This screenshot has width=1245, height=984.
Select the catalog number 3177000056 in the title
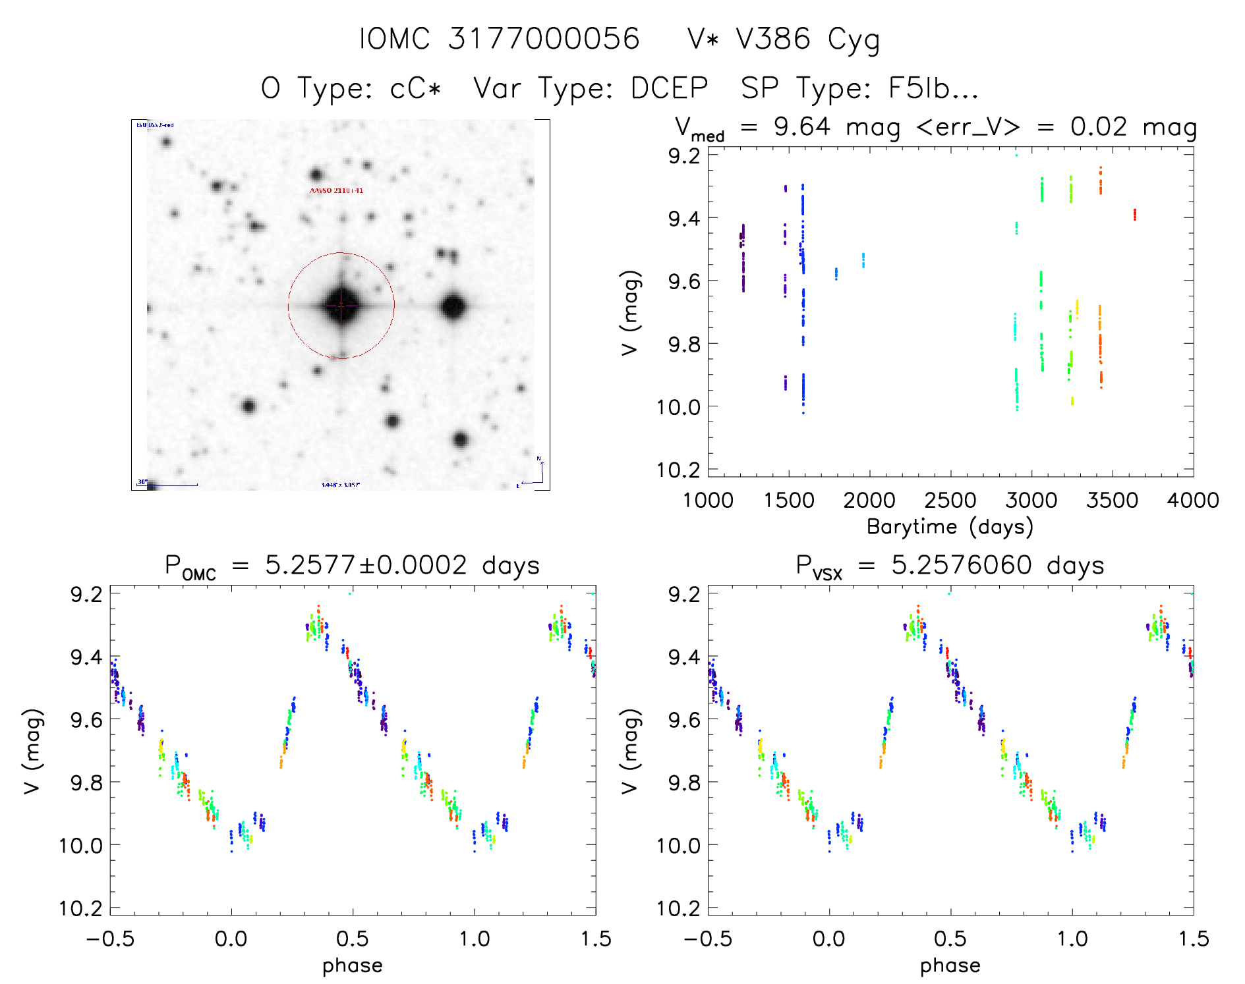point(544,39)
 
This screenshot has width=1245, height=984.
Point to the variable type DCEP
point(669,88)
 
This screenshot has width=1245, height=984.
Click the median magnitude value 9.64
point(801,126)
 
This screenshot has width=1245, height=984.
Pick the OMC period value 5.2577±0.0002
point(366,565)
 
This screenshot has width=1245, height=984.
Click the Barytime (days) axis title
point(950,527)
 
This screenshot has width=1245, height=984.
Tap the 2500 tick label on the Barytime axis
point(950,501)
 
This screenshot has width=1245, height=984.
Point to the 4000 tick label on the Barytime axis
point(1192,501)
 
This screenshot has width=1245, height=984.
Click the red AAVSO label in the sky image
point(336,190)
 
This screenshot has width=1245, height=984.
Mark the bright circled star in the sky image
point(341,306)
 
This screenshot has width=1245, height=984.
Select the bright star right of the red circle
point(453,306)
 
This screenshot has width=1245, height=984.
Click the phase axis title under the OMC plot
point(353,966)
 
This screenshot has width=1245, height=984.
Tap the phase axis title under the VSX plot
point(950,966)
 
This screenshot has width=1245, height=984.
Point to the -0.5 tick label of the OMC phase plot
point(110,939)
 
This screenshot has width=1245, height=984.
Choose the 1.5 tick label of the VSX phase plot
point(1194,939)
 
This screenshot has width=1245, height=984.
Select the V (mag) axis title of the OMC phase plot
point(32,751)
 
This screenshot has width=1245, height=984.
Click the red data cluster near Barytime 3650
point(1134,214)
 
